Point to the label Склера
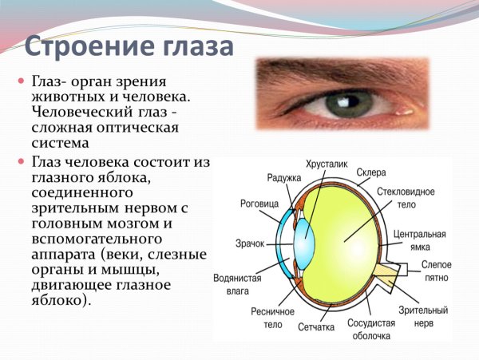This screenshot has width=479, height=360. [x=371, y=172]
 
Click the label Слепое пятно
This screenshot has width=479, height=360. [x=437, y=271]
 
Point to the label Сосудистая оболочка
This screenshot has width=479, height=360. [x=372, y=330]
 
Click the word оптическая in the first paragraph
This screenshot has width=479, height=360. [x=134, y=128]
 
